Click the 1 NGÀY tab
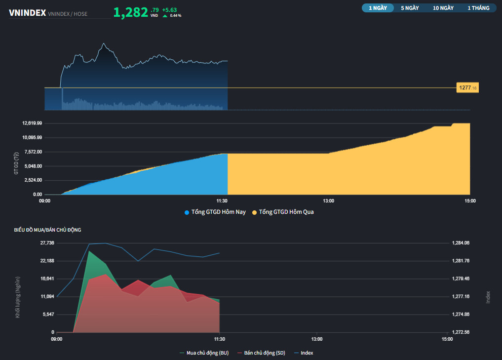[x=378, y=8]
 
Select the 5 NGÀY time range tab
[x=410, y=8]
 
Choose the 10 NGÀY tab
[x=443, y=8]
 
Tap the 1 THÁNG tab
[x=478, y=8]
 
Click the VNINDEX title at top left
[x=28, y=13]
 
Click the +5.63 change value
[x=169, y=9]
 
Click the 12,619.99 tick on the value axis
[x=32, y=123]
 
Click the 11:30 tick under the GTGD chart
[x=222, y=200]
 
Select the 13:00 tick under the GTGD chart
[x=329, y=200]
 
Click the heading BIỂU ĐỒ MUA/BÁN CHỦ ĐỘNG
[x=48, y=230]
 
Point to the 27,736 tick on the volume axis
[x=47, y=243]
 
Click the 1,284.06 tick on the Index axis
[x=461, y=243]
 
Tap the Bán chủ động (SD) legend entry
[x=264, y=353]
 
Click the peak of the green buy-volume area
[x=89, y=251]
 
